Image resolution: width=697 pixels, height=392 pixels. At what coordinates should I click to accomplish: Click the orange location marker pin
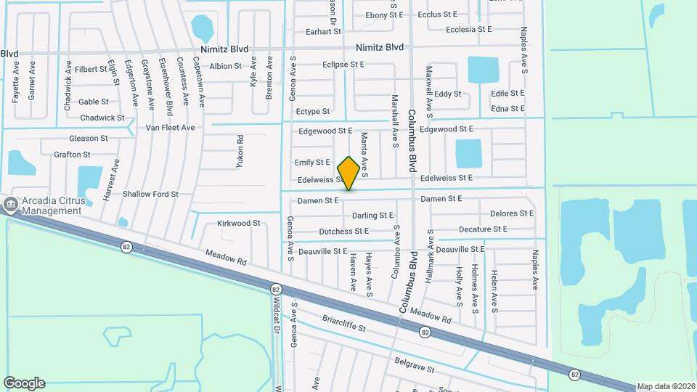pyautogui.click(x=348, y=173)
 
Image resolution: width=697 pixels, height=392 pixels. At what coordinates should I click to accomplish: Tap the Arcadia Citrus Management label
pyautogui.click(x=52, y=206)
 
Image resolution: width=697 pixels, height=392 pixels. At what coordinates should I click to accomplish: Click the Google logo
pyautogui.click(x=24, y=383)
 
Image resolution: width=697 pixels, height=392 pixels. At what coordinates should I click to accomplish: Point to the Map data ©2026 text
pyautogui.click(x=666, y=386)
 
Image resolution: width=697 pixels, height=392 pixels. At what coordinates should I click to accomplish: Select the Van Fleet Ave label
pyautogui.click(x=170, y=128)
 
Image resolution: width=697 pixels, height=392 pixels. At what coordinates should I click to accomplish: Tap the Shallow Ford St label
pyautogui.click(x=150, y=194)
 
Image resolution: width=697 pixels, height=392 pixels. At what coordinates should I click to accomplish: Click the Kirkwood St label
pyautogui.click(x=238, y=224)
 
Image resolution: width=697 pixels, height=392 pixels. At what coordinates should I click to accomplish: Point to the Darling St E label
pyautogui.click(x=372, y=216)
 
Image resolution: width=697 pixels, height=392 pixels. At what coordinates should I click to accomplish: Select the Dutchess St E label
pyautogui.click(x=344, y=232)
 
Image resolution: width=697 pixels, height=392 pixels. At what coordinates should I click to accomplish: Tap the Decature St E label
pyautogui.click(x=483, y=229)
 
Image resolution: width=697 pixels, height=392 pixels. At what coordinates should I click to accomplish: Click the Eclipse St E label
pyautogui.click(x=343, y=65)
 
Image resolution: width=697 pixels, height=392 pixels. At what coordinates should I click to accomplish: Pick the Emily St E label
pyautogui.click(x=312, y=163)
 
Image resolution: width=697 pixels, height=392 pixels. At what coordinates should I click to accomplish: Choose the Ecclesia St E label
pyautogui.click(x=468, y=30)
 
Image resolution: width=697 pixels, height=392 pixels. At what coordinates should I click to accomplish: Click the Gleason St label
pyautogui.click(x=89, y=138)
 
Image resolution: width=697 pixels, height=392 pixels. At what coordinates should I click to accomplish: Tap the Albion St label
pyautogui.click(x=226, y=66)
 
